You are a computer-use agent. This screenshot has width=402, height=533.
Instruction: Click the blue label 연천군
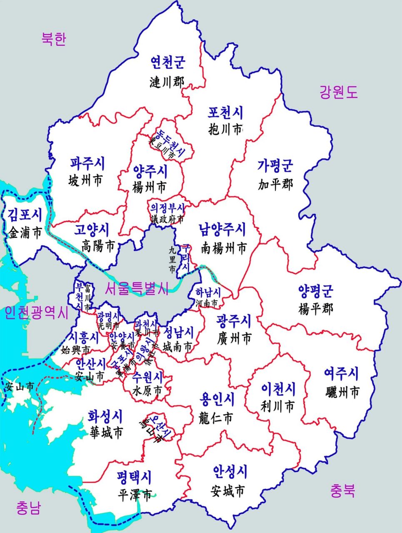point(168,62)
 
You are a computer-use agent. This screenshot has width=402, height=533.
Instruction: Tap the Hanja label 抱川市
point(225,130)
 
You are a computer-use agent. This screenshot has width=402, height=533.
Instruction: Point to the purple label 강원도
point(338,92)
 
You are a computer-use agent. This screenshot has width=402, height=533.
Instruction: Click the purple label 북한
point(54,39)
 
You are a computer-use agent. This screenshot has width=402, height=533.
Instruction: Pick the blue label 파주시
point(87,163)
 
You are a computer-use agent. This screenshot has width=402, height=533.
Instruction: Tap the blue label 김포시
point(25,215)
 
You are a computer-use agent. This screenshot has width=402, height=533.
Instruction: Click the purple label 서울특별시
point(137,288)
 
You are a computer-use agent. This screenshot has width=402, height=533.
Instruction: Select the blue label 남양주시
point(222,229)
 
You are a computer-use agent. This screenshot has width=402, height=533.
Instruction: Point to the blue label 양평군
point(316,291)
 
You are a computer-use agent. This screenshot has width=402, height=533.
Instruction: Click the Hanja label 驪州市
point(342,391)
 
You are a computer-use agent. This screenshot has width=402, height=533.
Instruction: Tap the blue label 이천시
point(278,389)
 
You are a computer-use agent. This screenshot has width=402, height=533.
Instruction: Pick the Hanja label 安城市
point(228,491)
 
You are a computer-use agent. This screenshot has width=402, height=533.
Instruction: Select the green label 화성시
point(105,415)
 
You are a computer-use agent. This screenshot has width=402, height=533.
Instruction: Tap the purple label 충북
point(343,491)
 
